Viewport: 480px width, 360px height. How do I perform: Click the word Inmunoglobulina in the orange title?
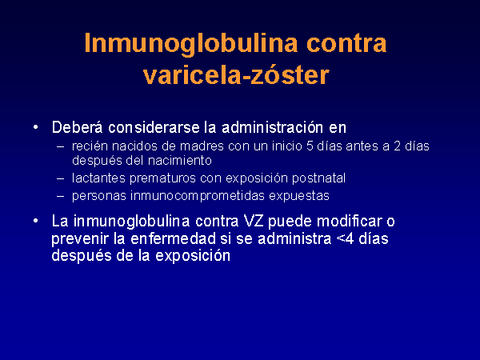[x=191, y=44]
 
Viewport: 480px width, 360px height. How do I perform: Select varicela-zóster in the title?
[x=236, y=75]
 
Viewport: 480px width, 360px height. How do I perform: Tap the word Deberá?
[x=77, y=127]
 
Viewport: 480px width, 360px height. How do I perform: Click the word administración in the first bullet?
[x=273, y=127]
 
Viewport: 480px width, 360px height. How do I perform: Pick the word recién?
[x=90, y=146]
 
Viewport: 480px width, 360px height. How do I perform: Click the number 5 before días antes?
[x=310, y=146]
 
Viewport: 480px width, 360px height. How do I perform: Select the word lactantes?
[x=99, y=178]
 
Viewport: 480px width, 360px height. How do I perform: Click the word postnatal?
[x=318, y=178]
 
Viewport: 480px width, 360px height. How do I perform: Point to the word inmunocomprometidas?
[x=198, y=196]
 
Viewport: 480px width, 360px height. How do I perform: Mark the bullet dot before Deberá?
[x=36, y=127]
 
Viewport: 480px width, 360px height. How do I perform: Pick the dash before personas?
[x=60, y=196]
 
